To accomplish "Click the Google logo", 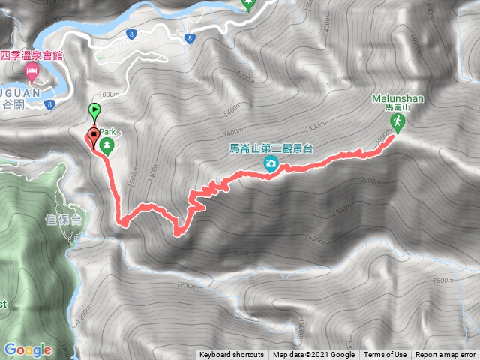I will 28,349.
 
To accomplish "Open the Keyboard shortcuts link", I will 231,355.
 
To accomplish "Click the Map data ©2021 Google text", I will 313,355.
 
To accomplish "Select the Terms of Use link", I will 385,355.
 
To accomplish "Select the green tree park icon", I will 107,144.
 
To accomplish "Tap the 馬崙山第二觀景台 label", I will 269,149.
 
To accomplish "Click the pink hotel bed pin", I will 31,73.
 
